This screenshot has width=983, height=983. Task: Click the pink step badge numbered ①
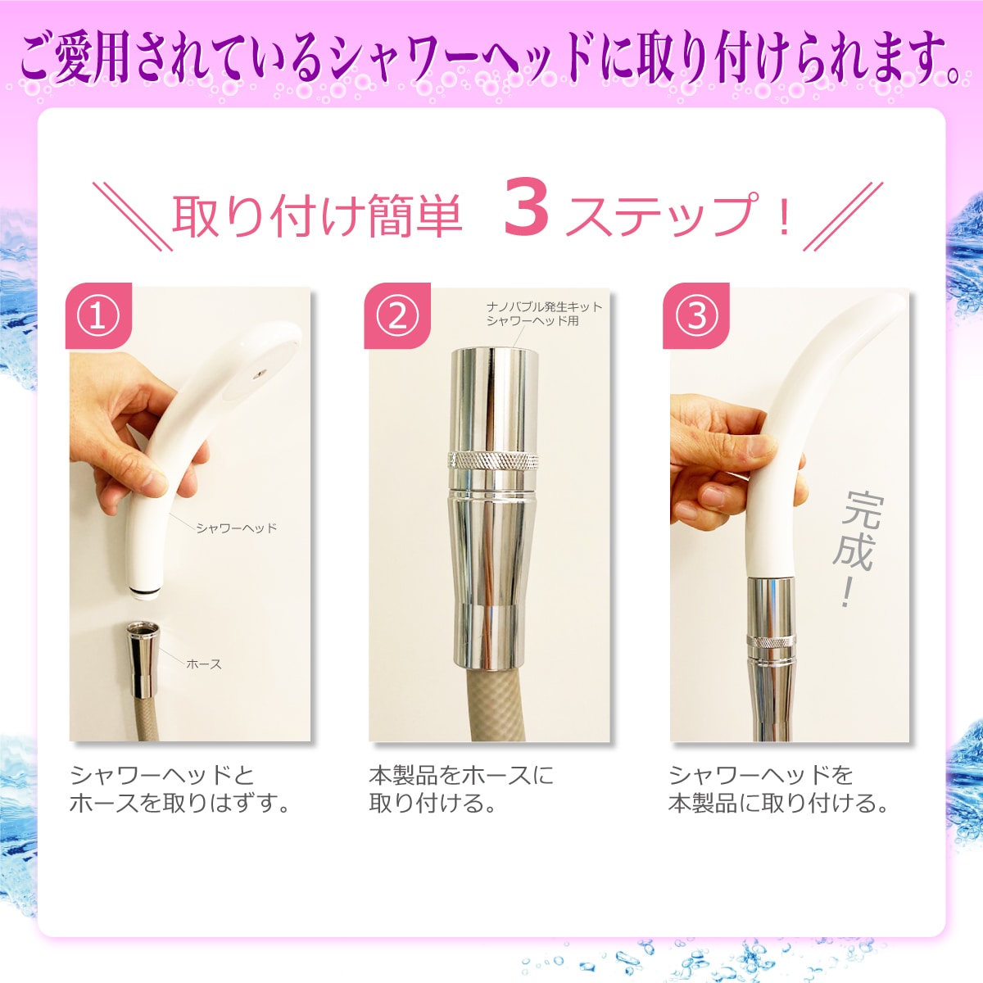point(98,315)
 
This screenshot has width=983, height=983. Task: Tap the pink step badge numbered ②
point(397,315)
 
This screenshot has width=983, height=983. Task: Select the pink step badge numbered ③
point(696,315)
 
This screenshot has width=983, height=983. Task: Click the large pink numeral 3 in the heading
point(527,214)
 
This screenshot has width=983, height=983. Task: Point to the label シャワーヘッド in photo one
point(237,528)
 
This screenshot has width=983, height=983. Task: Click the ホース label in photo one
point(204,664)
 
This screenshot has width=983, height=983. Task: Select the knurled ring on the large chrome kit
point(493,460)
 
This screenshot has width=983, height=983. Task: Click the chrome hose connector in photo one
point(143,659)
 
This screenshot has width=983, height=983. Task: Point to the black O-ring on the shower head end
point(145,593)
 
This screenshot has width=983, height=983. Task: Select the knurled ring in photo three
point(772,641)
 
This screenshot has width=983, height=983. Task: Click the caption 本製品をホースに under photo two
point(461,776)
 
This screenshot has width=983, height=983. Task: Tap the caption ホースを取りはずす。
point(179,804)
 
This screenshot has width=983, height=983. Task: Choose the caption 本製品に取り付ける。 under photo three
point(778,804)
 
